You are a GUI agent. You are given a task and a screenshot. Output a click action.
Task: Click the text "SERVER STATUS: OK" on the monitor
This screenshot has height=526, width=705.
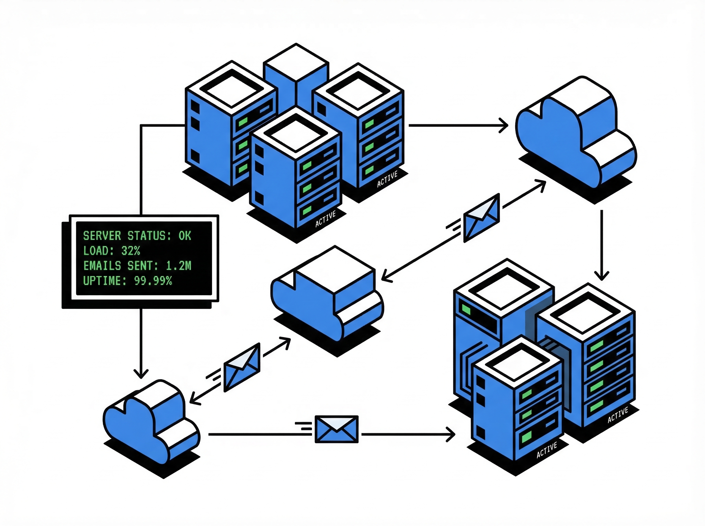(137, 236)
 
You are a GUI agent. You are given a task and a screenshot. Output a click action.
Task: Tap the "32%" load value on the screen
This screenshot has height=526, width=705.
(130, 251)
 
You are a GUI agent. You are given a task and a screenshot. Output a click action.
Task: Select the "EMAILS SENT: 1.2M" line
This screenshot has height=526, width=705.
(137, 266)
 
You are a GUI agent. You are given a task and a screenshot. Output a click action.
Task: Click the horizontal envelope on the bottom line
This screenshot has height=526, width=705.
(336, 429)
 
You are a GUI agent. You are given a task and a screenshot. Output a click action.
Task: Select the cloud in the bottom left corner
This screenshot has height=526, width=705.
(150, 420)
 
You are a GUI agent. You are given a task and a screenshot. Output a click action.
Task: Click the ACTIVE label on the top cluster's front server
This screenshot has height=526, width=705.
(325, 219)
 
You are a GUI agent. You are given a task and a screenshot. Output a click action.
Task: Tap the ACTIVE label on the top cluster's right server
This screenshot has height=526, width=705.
(387, 179)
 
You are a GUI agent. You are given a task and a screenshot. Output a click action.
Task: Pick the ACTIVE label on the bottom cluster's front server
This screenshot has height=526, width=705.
(547, 450)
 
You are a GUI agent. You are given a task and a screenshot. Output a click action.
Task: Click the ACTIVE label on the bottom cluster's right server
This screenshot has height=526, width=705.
(618, 415)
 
